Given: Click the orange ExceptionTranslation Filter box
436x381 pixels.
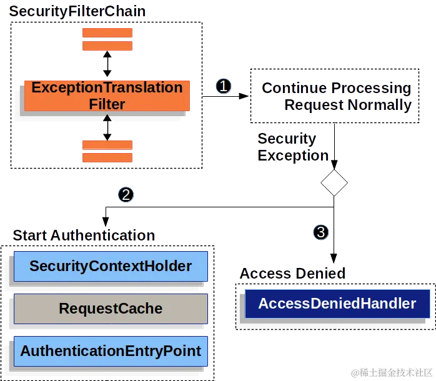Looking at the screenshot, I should click(107, 96).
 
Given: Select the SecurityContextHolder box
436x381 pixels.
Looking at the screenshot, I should click(111, 267).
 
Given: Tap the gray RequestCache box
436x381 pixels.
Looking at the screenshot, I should click(111, 309).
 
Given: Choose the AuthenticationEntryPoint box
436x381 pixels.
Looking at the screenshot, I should click(111, 350).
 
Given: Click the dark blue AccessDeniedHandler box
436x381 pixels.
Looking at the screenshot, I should click(337, 304).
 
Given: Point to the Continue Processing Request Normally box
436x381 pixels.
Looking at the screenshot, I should click(335, 96).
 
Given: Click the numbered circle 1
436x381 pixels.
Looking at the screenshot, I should click(223, 86).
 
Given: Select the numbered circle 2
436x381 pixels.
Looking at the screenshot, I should click(126, 195).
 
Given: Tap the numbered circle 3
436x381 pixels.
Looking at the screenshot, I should click(320, 232).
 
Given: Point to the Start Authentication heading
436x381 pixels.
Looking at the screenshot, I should click(83, 235).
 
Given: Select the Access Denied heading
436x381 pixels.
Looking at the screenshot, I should click(292, 274).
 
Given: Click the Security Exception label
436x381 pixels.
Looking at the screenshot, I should click(292, 147).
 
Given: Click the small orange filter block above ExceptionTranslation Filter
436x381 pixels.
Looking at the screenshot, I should click(107, 40).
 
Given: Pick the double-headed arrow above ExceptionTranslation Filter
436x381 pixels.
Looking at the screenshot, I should click(107, 64).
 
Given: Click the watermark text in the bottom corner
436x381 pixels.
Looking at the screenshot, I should click(391, 372).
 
